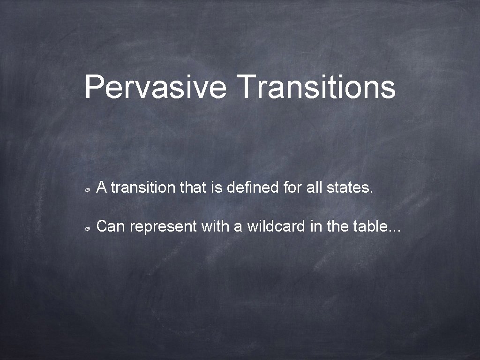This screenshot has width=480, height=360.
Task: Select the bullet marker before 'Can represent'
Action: pos(88,228)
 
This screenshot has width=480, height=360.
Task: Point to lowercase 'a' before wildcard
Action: pos(238,227)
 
